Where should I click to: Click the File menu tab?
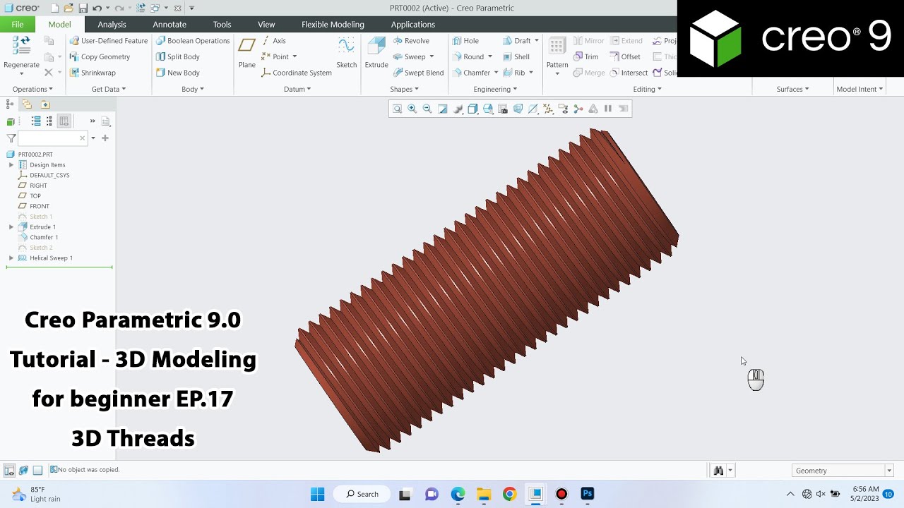coord(17,25)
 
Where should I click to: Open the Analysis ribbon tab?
coord(112,25)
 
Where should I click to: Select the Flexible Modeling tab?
coord(333,25)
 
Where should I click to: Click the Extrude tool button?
coord(376,52)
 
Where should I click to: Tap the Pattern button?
coord(557,52)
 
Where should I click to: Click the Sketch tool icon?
coord(346,52)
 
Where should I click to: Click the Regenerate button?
coord(21,52)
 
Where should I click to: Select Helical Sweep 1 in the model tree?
coord(51,258)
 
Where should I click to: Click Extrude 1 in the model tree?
coord(42,227)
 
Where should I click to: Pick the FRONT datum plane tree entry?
coord(40,206)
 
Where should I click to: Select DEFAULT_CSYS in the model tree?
coord(49,175)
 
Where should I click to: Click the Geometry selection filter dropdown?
coord(843,471)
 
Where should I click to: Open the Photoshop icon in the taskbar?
coord(587,494)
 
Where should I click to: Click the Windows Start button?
coord(318,494)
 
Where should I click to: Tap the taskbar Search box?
coord(362,494)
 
